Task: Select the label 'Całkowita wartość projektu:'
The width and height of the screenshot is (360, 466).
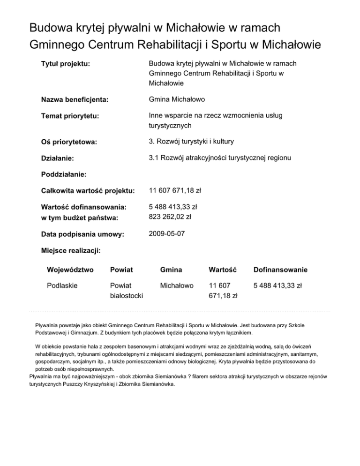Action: [88, 191]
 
